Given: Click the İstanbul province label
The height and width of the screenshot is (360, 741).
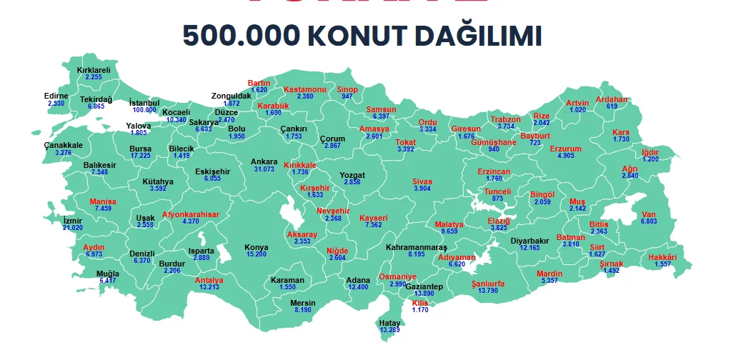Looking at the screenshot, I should tap(144, 103).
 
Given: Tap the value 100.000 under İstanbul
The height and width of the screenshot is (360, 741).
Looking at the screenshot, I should tap(144, 110).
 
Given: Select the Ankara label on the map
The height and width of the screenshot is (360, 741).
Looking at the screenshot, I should tap(264, 161).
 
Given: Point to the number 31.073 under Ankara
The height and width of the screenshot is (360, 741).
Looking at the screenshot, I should tap(264, 169).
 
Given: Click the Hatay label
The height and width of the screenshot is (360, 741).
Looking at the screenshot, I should tap(389, 323).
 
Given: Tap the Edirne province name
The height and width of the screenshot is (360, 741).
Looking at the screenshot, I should tap(56, 96).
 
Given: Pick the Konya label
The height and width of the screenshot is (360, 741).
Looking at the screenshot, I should tap(257, 247).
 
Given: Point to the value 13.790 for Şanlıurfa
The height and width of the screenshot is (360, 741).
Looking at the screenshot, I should tap(487, 291).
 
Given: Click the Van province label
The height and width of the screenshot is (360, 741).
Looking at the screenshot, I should tap(649, 214).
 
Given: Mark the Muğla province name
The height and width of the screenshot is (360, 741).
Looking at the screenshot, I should tap(108, 274).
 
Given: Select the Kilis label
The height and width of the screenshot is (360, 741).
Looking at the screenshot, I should tap(420, 303).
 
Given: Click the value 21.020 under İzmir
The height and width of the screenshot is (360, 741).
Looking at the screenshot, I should tap(73, 227).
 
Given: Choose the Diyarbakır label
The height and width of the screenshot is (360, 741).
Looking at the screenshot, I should tap(529, 241).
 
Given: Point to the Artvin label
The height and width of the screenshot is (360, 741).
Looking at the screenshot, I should tap(577, 103).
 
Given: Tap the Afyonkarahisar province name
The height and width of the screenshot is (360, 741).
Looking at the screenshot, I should tap(191, 214).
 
